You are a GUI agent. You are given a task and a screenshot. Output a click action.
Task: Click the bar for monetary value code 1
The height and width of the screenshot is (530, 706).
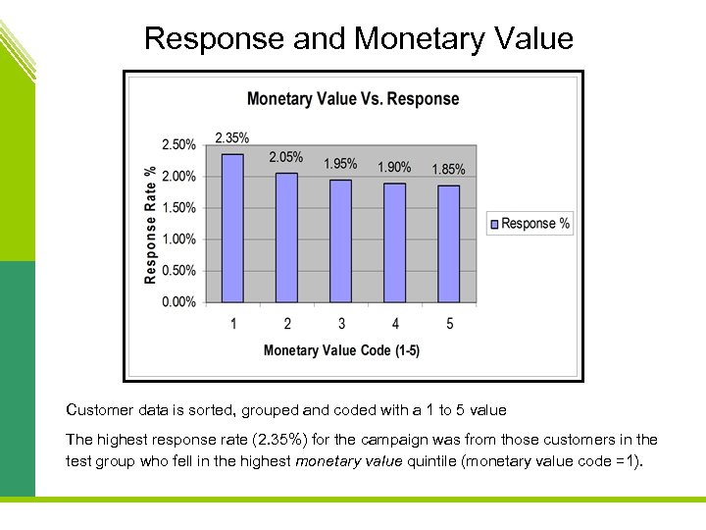pos(232,228)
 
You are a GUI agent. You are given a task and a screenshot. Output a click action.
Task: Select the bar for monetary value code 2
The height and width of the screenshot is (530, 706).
pos(286,238)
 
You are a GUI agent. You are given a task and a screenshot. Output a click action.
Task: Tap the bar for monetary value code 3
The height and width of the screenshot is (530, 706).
pos(340,240)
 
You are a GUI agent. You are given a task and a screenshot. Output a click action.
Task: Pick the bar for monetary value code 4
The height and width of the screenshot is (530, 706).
pos(394,242)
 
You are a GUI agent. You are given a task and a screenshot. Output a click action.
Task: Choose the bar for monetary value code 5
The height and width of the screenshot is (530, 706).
pos(448,243)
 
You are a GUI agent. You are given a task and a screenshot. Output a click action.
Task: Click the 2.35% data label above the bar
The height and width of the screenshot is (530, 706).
pos(232,137)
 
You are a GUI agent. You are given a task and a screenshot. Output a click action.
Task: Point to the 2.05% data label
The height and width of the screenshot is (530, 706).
pos(286,157)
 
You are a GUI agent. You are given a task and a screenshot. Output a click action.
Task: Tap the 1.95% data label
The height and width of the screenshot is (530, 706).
pos(340,164)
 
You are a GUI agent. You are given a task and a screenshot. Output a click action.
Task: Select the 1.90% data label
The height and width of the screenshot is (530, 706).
pos(394,167)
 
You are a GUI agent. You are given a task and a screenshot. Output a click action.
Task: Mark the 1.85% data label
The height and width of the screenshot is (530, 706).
pos(448,170)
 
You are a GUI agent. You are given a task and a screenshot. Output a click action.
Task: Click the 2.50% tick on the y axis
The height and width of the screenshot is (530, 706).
pos(178,145)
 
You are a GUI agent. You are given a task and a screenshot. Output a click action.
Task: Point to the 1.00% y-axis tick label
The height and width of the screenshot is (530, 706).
pos(178,239)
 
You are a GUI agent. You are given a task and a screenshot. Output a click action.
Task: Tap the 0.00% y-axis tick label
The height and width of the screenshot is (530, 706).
pos(178,302)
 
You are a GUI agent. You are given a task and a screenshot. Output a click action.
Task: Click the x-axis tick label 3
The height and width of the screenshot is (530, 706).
pos(340,324)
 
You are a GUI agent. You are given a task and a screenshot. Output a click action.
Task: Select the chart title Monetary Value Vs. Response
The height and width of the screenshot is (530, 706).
pos(353,98)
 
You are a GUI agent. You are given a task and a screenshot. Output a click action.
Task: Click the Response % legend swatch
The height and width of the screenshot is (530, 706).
pos(494,224)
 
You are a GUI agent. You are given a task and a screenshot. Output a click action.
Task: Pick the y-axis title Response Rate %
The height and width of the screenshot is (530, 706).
pos(150,224)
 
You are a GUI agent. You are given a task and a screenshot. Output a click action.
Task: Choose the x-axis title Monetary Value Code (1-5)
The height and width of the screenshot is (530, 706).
pos(341,350)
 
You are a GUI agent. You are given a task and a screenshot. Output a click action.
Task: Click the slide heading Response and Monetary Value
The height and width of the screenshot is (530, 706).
pos(358,38)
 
